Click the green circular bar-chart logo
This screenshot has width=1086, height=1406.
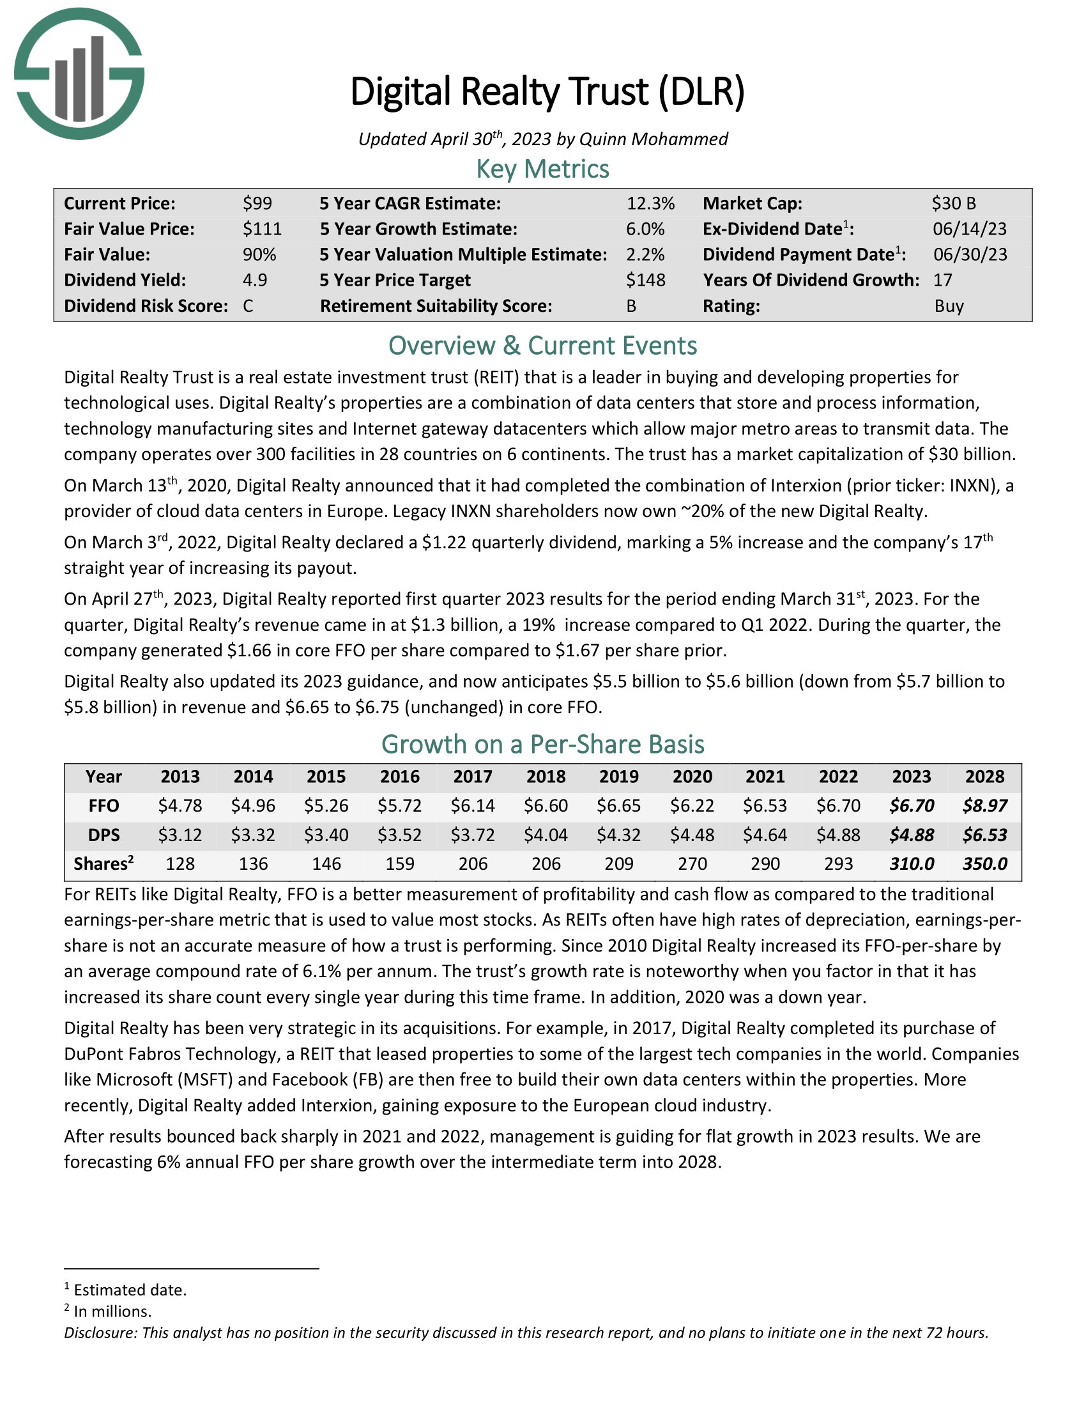(79, 73)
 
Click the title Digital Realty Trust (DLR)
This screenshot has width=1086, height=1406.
(547, 91)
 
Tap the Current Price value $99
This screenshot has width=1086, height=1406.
(257, 203)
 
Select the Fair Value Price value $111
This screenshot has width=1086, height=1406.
(262, 229)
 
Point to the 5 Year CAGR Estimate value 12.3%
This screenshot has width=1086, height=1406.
(650, 203)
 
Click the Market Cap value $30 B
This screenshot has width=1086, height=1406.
(954, 203)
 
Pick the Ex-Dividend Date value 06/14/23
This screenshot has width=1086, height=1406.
(970, 229)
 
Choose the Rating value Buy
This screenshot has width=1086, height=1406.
(949, 305)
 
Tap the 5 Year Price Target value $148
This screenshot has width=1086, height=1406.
(645, 280)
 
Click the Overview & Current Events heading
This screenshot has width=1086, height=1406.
(542, 346)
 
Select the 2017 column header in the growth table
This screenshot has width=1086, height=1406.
(473, 776)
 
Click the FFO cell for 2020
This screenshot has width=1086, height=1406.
(692, 805)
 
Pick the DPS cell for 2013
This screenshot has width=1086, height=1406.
(180, 835)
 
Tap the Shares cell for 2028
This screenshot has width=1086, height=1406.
(984, 864)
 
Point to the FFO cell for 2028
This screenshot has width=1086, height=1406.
(984, 805)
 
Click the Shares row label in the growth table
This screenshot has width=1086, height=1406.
(103, 864)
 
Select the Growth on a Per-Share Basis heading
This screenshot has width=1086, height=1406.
(542, 744)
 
